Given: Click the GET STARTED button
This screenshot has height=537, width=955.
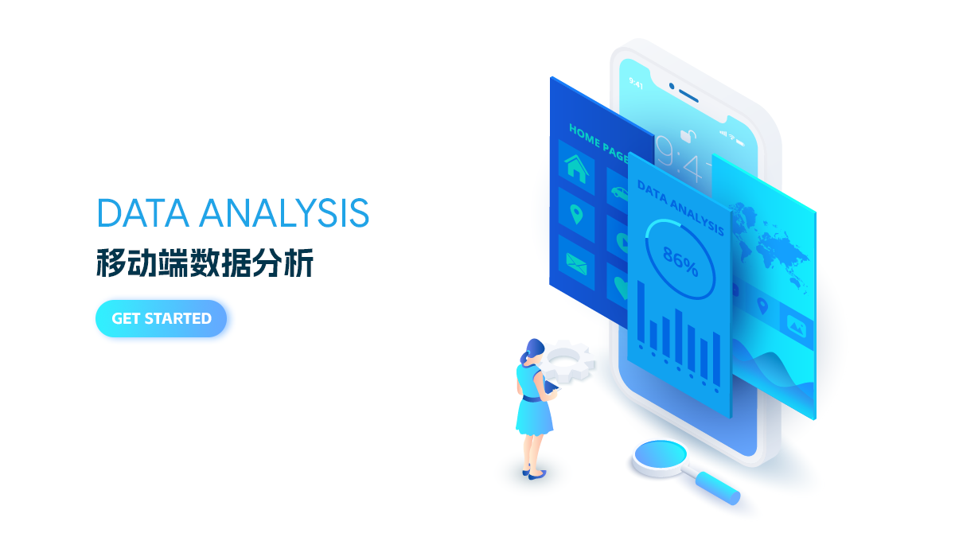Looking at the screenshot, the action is pyautogui.click(x=161, y=319).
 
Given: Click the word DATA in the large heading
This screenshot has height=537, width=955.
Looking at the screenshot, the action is pyautogui.click(x=143, y=212).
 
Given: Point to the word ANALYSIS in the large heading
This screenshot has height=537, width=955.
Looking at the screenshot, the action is pyautogui.click(x=284, y=212).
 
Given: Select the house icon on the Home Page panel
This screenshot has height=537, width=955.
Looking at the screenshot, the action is pyautogui.click(x=576, y=169).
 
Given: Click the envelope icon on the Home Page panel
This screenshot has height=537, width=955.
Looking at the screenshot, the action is pyautogui.click(x=576, y=264).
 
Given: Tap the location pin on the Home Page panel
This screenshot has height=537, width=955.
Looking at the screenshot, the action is pyautogui.click(x=576, y=214).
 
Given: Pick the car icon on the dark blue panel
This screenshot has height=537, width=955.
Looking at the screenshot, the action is pyautogui.click(x=620, y=193).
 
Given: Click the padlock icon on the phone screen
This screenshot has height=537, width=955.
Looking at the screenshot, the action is pyautogui.click(x=688, y=135).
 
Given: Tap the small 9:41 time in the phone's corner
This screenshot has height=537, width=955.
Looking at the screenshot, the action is pyautogui.click(x=636, y=83).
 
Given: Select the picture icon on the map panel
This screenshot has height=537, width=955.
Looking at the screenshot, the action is pyautogui.click(x=797, y=327).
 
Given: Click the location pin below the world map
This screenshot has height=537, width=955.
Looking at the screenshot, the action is pyautogui.click(x=762, y=306).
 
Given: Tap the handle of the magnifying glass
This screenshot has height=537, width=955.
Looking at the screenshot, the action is pyautogui.click(x=717, y=488).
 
